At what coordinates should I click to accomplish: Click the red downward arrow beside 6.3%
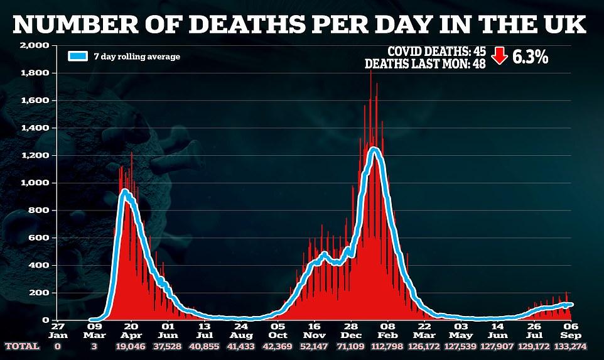(499, 57)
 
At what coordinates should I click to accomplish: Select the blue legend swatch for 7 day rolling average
(77, 57)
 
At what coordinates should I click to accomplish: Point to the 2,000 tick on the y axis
(35, 46)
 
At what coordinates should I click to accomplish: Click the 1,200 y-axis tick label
(35, 155)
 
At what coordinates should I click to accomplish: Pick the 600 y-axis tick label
(39, 237)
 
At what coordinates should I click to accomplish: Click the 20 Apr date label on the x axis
(131, 331)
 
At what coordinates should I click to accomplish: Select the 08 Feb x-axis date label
(387, 331)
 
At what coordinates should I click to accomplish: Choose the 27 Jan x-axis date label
(57, 331)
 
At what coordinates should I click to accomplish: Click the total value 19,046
(131, 346)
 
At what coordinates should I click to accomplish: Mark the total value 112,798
(387, 346)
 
